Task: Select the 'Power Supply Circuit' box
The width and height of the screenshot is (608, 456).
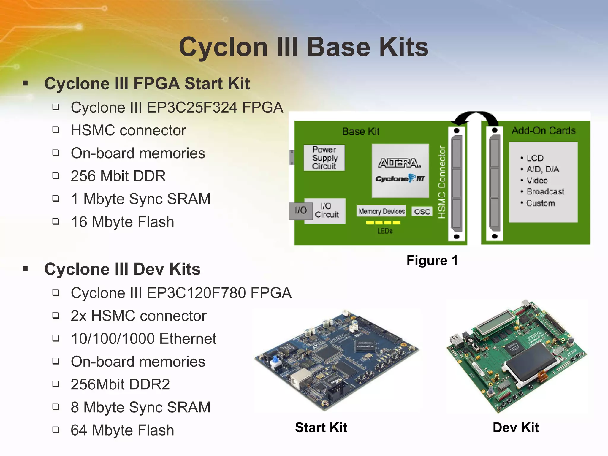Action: pos(324,158)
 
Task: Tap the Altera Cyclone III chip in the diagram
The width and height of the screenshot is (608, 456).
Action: pos(400,171)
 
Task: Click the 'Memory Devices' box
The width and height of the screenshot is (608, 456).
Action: pos(381,211)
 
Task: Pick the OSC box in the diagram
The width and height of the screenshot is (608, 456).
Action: pos(422,211)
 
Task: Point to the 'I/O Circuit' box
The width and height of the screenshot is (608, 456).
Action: pos(326,210)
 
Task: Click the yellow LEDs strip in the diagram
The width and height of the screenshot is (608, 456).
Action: pos(383,222)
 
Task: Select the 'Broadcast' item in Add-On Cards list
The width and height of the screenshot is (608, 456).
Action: pos(545,191)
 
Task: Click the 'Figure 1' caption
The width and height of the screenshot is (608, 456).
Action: pos(432,260)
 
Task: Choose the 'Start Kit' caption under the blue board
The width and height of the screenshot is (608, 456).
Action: pos(321,427)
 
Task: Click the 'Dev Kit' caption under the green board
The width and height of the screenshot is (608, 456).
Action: pos(515,427)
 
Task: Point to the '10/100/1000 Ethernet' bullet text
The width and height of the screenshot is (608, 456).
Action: pos(144,339)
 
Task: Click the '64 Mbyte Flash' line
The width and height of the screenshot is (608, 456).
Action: pos(122,430)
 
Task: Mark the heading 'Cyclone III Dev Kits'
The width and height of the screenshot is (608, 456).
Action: pos(122,269)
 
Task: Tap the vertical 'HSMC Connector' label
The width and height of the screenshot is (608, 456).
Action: pos(442,182)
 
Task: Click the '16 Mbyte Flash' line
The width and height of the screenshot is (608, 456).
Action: pos(122,222)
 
